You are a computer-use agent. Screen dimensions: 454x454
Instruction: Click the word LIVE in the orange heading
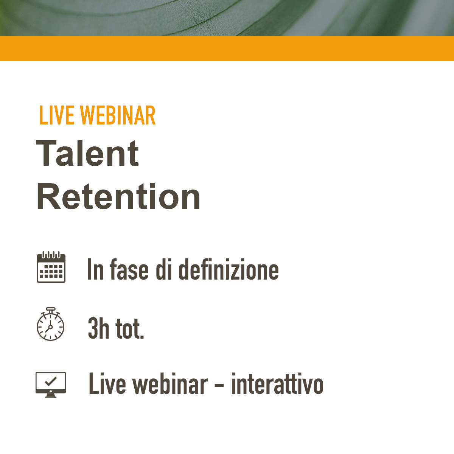point(57,115)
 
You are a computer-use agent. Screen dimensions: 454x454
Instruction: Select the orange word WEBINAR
point(118,115)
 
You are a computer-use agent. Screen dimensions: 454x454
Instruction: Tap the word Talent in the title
point(87,153)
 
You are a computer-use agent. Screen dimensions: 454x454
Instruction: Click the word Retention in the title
point(118,196)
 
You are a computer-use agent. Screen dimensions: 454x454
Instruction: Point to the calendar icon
point(51,267)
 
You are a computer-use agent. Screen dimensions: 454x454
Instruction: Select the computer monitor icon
point(51,384)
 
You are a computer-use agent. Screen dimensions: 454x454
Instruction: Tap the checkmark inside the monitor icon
point(51,381)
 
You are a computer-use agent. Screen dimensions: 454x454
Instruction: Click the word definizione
point(229,269)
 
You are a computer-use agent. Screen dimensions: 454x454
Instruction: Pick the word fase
point(129,269)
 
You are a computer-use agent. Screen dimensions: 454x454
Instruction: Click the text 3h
point(98,328)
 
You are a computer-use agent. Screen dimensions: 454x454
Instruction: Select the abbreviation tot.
point(130,328)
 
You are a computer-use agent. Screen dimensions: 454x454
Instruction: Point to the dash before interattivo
point(219,385)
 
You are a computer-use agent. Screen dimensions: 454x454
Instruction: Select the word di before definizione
point(164,269)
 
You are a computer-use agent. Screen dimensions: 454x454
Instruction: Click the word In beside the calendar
point(95,269)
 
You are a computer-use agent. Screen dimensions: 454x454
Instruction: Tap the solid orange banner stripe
point(227,48)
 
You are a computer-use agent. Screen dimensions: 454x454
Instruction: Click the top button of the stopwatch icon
point(51,309)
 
